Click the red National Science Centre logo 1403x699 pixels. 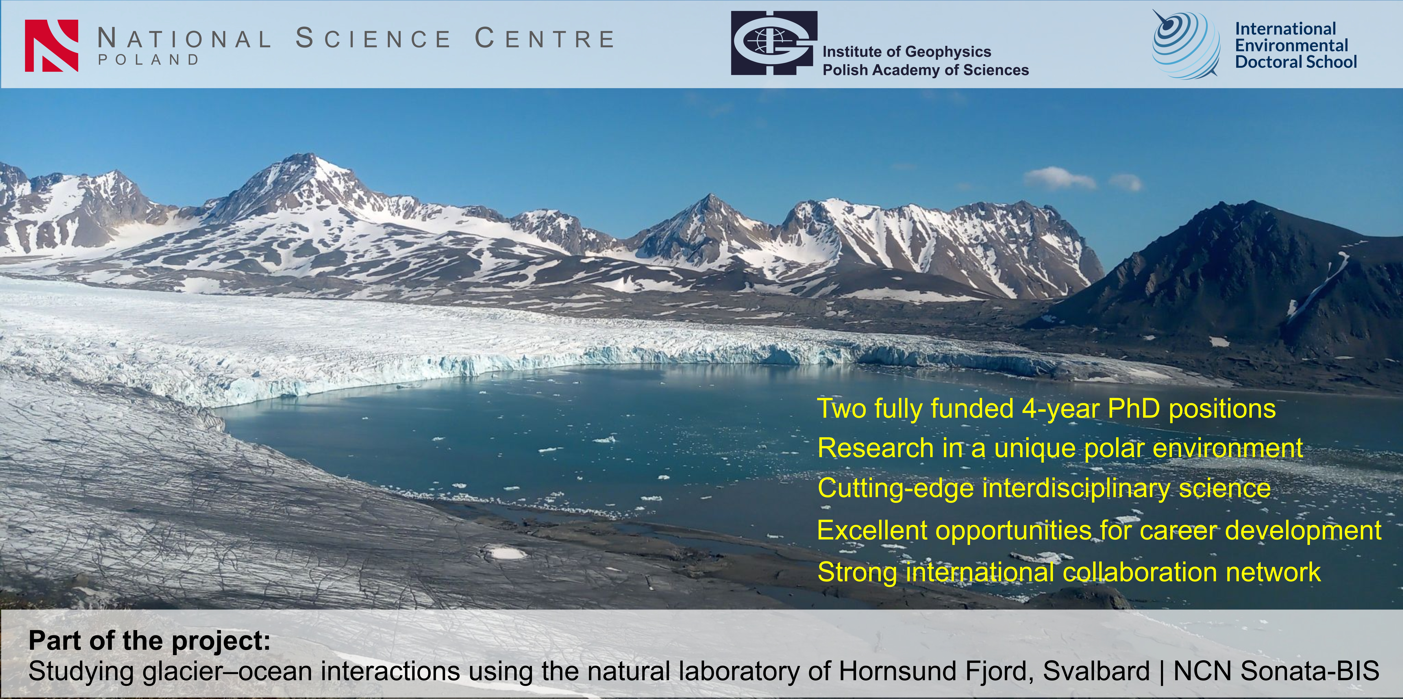click(x=52, y=46)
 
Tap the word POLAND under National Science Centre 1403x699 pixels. click(x=149, y=60)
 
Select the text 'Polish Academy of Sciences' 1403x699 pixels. click(x=925, y=70)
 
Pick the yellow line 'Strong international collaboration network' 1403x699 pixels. click(x=1069, y=572)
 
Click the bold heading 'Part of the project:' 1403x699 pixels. click(x=149, y=641)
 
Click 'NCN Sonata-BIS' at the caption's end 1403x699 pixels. click(x=1275, y=671)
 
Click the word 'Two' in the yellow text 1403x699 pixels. click(x=842, y=409)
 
